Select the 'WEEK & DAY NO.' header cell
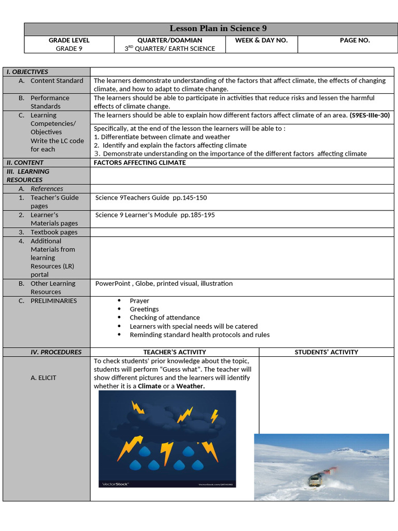pyautogui.click(x=261, y=40)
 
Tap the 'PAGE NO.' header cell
pyautogui.click(x=354, y=40)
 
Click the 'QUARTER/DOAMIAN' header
pyautogui.click(x=169, y=40)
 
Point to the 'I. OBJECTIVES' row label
pyautogui.click(x=27, y=72)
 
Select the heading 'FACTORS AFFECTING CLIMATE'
pyautogui.click(x=139, y=162)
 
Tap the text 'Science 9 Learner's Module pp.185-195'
pyautogui.click(x=155, y=215)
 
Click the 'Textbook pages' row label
pyautogui.click(x=54, y=232)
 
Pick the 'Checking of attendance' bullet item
pyautogui.click(x=164, y=317)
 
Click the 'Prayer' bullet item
pyautogui.click(x=139, y=301)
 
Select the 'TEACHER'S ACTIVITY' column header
pyautogui.click(x=175, y=352)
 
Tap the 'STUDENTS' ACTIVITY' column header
pyautogui.click(x=326, y=352)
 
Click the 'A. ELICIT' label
pyautogui.click(x=44, y=378)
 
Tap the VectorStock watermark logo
pyautogui.click(x=114, y=483)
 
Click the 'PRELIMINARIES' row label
pyautogui.click(x=53, y=301)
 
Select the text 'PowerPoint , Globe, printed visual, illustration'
pyautogui.click(x=164, y=284)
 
